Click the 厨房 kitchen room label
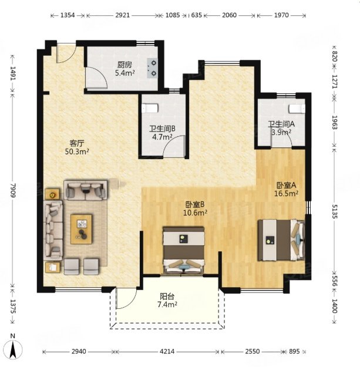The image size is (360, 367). (x=125, y=65)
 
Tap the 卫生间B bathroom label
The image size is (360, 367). (x=163, y=129)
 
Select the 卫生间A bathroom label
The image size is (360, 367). (x=281, y=124)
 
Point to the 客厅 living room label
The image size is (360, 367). (x=77, y=143)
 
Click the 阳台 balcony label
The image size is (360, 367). (x=167, y=297)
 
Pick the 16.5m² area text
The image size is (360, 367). (x=286, y=194)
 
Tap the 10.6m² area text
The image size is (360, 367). (x=195, y=213)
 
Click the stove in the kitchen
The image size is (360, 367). (x=152, y=68)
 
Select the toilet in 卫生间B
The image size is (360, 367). (x=150, y=108)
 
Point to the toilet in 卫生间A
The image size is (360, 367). (x=297, y=109)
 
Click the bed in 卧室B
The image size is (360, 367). (x=183, y=250)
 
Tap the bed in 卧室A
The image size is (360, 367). (x=281, y=240)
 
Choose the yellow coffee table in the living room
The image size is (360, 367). (x=82, y=229)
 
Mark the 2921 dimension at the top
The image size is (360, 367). (x=122, y=15)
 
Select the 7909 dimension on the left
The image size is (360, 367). (x=13, y=190)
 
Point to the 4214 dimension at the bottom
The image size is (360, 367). (x=167, y=351)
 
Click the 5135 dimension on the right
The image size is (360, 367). (x=335, y=211)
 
